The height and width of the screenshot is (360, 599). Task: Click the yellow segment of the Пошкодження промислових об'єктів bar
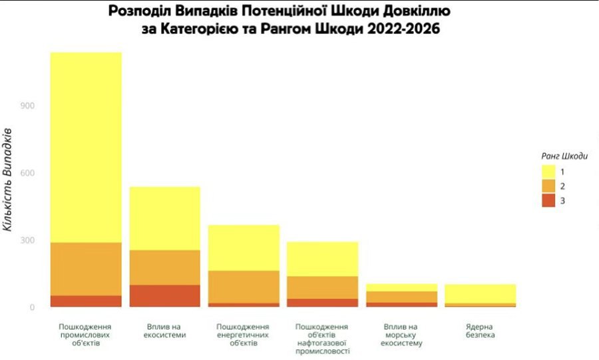[86, 146]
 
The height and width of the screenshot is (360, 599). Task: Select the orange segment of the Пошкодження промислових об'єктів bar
[86, 269]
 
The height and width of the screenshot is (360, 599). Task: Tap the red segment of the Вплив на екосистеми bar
[164, 296]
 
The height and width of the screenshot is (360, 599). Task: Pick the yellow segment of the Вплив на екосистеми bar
[164, 218]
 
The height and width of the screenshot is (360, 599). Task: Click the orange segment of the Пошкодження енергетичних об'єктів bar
[244, 287]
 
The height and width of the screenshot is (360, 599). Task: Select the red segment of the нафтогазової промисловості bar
[323, 303]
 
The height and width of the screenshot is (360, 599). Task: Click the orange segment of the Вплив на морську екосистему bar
[401, 297]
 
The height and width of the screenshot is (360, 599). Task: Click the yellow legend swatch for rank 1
[548, 172]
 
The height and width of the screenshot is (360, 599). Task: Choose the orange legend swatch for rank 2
[548, 186]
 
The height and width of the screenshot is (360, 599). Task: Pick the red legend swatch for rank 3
[548, 201]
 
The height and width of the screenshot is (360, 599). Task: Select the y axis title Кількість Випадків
[8, 179]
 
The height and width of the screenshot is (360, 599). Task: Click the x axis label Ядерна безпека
[480, 331]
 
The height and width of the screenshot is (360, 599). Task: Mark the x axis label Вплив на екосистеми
[164, 331]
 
